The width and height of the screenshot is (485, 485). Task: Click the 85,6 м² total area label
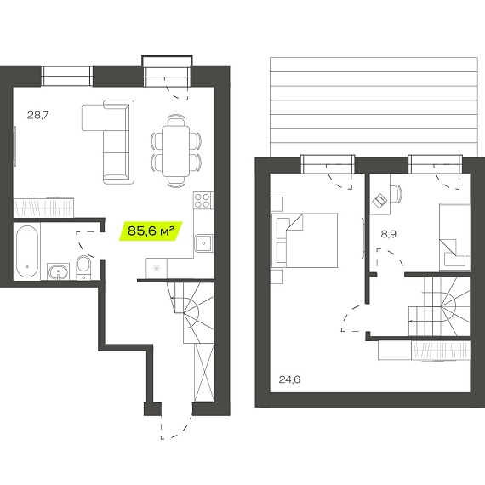tap(151, 231)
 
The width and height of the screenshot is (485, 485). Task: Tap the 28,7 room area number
tap(37, 116)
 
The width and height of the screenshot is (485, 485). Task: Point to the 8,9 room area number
tap(389, 234)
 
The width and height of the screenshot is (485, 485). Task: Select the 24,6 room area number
tap(289, 379)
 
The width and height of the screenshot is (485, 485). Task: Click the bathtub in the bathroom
tap(27, 252)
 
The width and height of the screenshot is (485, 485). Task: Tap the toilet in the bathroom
tap(83, 266)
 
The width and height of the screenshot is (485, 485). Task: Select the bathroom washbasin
tap(58, 272)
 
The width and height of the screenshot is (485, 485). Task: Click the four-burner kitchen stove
tap(203, 200)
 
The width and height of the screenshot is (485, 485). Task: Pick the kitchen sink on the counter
tap(203, 243)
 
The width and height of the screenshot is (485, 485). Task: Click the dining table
tap(175, 151)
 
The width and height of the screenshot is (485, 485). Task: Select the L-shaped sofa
tap(108, 142)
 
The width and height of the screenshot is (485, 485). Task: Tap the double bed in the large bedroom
tap(305, 240)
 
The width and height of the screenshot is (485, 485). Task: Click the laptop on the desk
tap(379, 201)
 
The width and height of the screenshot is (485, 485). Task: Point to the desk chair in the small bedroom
tap(396, 194)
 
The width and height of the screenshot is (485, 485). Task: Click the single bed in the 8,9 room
tap(454, 237)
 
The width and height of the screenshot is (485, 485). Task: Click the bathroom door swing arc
tap(84, 244)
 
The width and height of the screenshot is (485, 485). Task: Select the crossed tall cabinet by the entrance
tap(204, 373)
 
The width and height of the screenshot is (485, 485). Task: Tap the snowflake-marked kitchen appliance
tap(157, 269)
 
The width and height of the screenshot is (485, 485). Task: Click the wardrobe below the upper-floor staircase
tap(424, 351)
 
